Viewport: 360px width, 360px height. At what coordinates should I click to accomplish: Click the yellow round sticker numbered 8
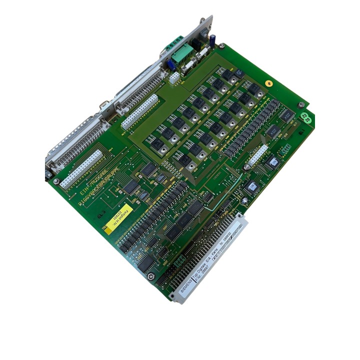click(268, 84)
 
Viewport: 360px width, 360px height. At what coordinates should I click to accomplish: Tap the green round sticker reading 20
click(308, 120)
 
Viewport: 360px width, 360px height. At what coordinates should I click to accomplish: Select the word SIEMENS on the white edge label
click(184, 288)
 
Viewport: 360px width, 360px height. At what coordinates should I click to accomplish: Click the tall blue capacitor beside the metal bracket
click(213, 41)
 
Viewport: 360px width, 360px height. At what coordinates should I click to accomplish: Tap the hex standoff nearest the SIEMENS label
click(151, 276)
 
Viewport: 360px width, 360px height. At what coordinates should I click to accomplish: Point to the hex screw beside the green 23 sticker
click(301, 104)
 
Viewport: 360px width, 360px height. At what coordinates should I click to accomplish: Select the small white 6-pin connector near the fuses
click(174, 77)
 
